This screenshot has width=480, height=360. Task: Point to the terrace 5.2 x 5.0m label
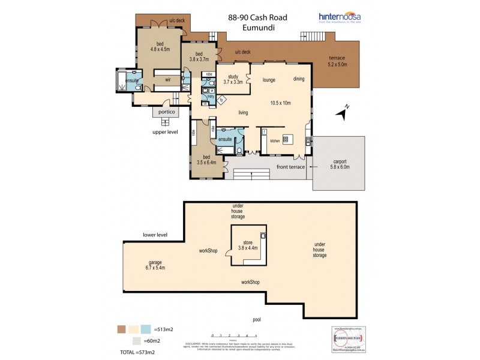(338, 61)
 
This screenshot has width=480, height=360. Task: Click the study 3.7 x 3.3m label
(233, 79)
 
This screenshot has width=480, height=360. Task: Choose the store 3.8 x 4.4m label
(248, 245)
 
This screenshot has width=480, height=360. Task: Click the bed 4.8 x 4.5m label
(160, 47)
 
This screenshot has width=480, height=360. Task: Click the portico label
(166, 112)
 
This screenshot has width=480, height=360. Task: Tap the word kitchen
(274, 140)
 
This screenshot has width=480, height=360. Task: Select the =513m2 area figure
(164, 329)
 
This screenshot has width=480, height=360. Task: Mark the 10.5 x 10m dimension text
(280, 103)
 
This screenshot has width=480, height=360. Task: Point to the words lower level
(155, 235)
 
